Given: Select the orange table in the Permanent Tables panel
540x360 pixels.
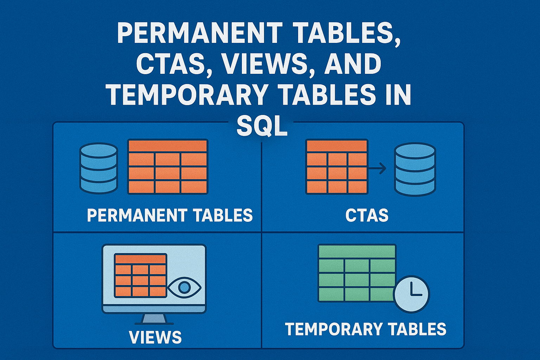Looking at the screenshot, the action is click(x=168, y=167).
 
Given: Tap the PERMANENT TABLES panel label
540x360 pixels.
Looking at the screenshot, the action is click(x=170, y=215).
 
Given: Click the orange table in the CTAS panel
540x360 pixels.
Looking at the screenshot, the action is click(x=337, y=167).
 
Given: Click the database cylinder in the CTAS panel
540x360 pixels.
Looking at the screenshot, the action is click(x=415, y=169).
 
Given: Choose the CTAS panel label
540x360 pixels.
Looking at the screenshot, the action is click(x=367, y=215).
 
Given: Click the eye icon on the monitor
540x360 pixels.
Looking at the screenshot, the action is click(x=184, y=288).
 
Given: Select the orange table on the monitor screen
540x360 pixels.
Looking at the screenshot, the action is click(x=141, y=275).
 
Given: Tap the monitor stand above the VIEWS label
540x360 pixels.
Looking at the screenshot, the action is click(x=154, y=319).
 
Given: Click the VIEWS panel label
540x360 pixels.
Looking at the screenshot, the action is click(x=155, y=337).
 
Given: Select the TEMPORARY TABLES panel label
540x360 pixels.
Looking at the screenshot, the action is click(x=366, y=329).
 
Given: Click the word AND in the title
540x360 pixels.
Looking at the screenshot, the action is click(x=353, y=64).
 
